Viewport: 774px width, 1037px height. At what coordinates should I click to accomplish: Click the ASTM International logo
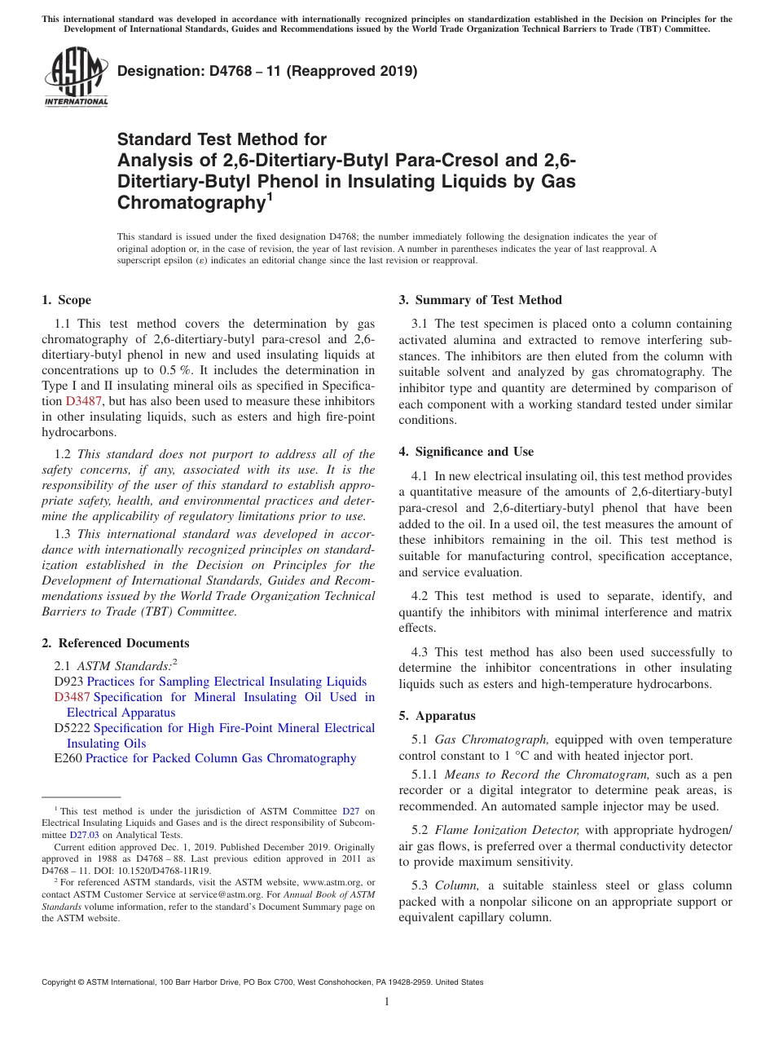click(x=76, y=77)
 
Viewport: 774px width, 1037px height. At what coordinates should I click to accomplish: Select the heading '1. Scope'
click(x=66, y=300)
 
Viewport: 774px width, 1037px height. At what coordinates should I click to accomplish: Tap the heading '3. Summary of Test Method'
click(x=480, y=300)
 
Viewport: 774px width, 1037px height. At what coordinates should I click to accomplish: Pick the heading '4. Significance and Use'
click(x=466, y=452)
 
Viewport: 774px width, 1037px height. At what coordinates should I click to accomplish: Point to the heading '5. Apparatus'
click(x=437, y=716)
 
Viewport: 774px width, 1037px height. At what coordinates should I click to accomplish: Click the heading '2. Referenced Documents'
click(x=115, y=643)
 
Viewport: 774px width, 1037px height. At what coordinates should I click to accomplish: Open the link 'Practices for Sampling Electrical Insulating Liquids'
click(x=226, y=682)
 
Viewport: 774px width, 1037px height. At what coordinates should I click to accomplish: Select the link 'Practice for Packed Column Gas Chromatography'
click(x=221, y=758)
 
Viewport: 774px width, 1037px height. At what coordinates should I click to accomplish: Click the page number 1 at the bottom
click(x=386, y=1001)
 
